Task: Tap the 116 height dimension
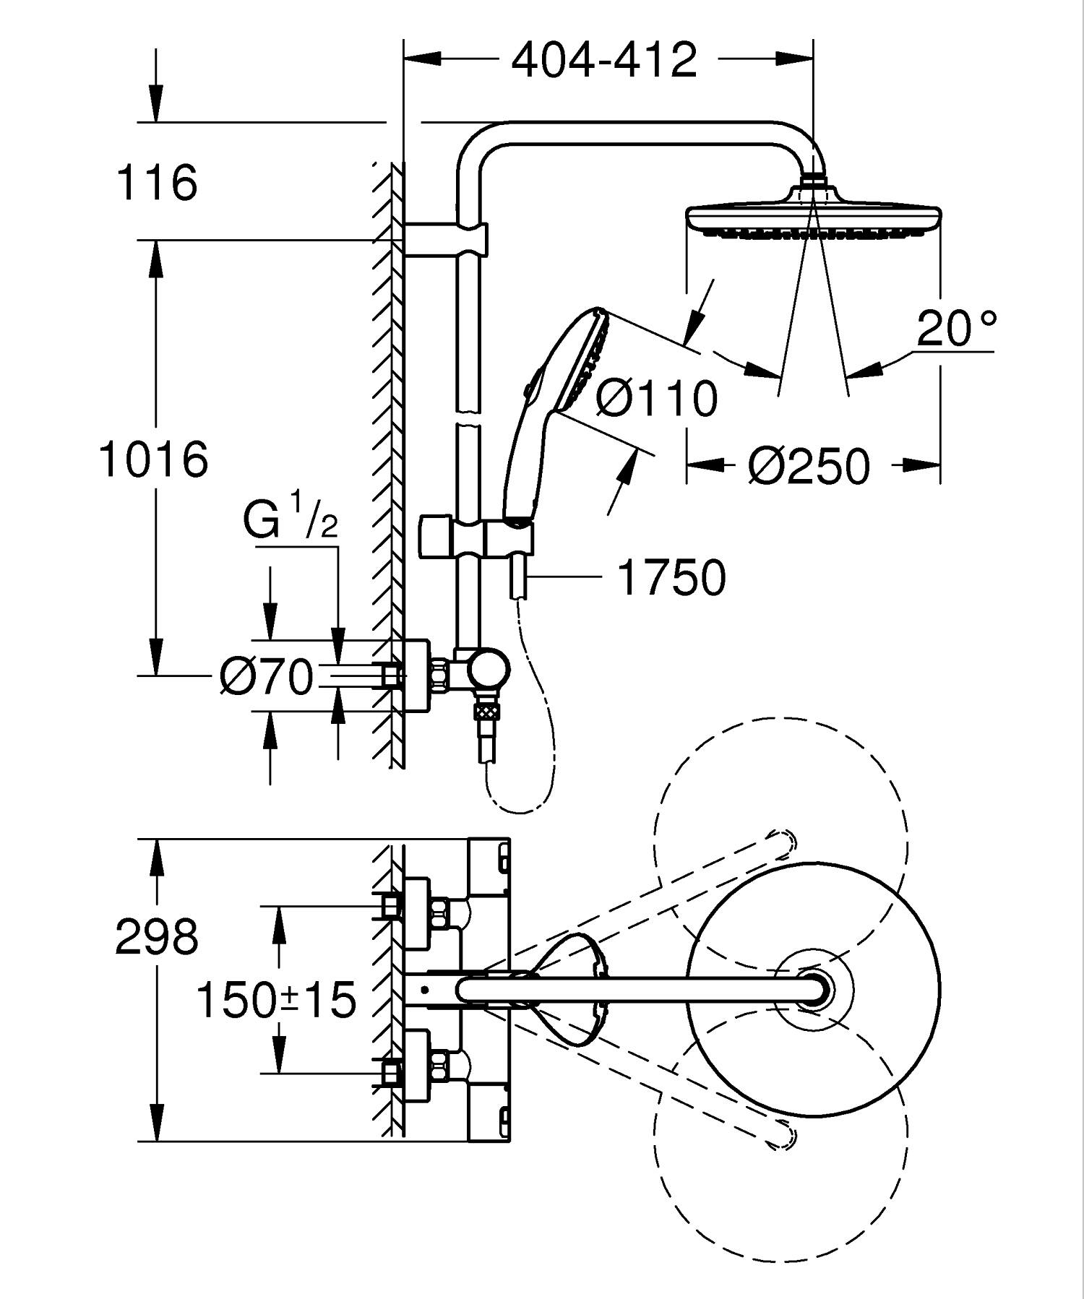[x=157, y=182]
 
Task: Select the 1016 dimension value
[x=154, y=459]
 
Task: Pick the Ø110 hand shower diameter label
[x=658, y=397]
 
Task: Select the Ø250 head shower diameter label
[x=809, y=467]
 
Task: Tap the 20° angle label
[x=956, y=329]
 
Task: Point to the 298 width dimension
[x=157, y=937]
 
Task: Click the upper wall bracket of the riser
[x=444, y=238]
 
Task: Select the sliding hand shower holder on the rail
[x=477, y=537]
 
